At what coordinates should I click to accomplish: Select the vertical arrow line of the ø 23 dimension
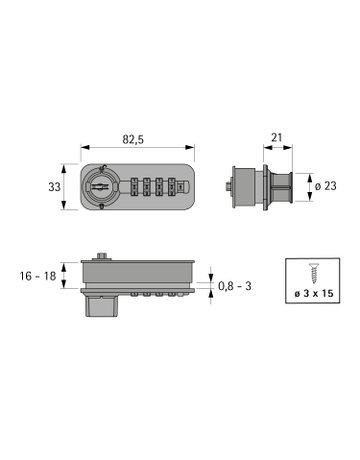pos(303,185)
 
